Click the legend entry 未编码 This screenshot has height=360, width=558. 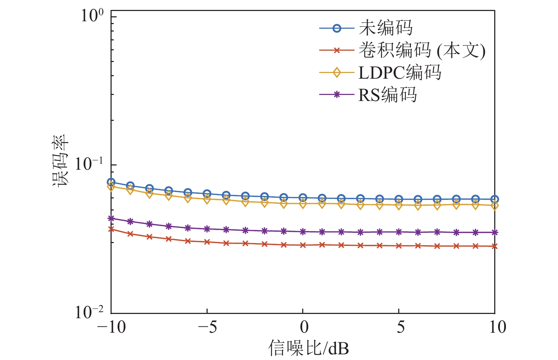(x=385, y=28)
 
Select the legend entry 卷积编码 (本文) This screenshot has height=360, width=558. (x=422, y=50)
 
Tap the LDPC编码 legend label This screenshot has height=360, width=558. (x=400, y=73)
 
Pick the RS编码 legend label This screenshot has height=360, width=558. (x=388, y=95)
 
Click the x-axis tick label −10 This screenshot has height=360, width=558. (x=111, y=327)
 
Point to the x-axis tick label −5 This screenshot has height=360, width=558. (x=207, y=327)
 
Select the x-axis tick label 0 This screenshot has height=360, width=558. (x=304, y=327)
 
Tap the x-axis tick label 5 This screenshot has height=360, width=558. (x=400, y=327)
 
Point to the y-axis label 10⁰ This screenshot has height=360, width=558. (x=92, y=16)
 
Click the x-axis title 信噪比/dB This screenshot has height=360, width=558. (x=308, y=348)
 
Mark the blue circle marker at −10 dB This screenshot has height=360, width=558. (x=111, y=182)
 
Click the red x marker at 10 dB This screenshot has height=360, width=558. (x=495, y=246)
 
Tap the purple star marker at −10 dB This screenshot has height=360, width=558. (x=111, y=218)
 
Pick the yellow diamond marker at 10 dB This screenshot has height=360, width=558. (x=495, y=206)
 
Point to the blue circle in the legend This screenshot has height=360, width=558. (x=337, y=28)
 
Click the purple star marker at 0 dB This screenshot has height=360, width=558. (x=303, y=232)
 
